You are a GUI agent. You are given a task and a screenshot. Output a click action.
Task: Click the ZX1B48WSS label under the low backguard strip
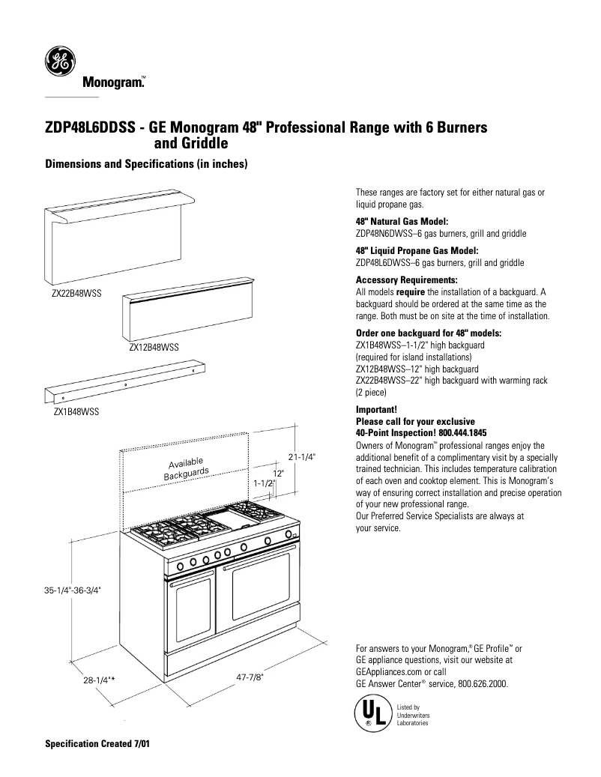click(76, 411)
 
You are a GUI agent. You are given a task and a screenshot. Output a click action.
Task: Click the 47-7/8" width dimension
click(250, 676)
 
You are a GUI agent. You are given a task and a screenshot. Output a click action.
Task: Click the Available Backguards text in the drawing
click(186, 468)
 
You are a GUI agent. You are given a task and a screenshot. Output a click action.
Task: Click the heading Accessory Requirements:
click(404, 279)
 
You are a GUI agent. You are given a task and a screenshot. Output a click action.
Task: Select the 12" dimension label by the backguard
click(277, 474)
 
